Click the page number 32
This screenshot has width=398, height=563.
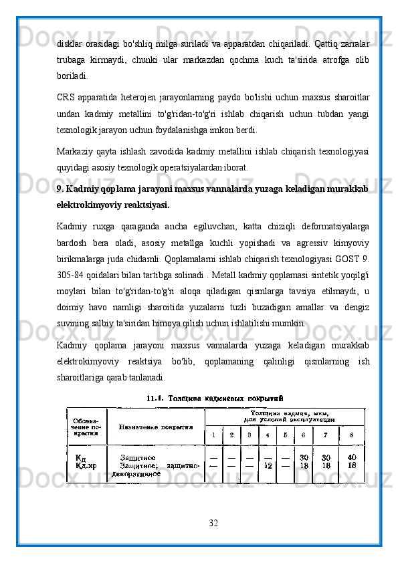213,522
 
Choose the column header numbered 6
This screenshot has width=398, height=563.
303,435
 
